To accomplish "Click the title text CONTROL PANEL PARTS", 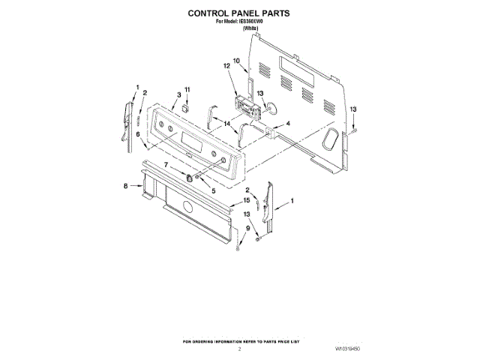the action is [238, 13].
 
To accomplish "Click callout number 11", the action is [188, 91].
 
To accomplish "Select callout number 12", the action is [226, 67].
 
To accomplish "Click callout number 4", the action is [287, 123].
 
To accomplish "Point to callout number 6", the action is [138, 134].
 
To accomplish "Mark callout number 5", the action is [213, 191].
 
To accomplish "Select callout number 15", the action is [246, 201].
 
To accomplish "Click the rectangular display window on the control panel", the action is [183, 139].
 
